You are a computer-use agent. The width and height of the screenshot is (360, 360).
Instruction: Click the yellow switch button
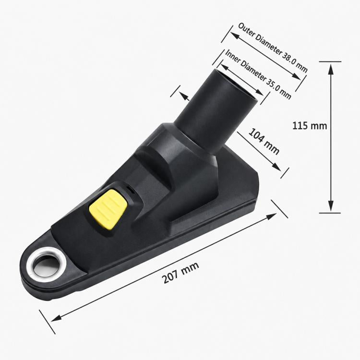pos(108,209)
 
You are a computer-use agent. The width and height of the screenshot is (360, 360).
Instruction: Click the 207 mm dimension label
pos(180,273)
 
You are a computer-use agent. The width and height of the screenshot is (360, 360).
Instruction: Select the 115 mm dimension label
pos(310,126)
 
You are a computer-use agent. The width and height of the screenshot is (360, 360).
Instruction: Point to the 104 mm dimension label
pos(264,142)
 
